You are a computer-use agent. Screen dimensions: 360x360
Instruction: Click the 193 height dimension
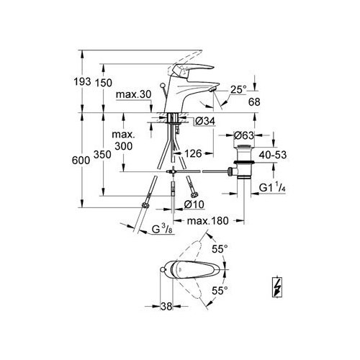coord(82,82)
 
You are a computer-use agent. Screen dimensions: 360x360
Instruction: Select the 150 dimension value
coord(104,83)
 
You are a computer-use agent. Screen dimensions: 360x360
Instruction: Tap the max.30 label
coord(133,94)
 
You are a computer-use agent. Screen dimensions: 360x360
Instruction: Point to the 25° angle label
coord(238,89)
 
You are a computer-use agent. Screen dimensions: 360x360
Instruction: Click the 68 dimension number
coord(254,102)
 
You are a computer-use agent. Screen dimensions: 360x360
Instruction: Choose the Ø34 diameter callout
coord(205,122)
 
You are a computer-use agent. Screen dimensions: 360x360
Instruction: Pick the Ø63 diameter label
coord(243,135)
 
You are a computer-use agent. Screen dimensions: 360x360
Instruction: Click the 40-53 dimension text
coord(273,155)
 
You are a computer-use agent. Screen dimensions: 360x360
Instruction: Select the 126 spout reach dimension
coord(193,153)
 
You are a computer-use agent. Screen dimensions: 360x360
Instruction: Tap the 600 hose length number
coord(81,161)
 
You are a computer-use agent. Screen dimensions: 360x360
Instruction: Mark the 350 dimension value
coord(102,155)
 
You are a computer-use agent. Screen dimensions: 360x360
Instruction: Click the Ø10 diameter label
coord(194,204)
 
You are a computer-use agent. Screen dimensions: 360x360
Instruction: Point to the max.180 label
coord(208,221)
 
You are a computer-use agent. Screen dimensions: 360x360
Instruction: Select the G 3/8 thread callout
coord(162,229)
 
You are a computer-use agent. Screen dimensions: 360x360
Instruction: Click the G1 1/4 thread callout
coord(272,187)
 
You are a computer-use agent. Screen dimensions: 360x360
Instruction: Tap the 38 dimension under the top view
coord(166,306)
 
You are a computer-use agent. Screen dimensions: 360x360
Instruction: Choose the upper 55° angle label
coord(220,249)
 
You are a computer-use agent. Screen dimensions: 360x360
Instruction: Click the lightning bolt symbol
coord(277,287)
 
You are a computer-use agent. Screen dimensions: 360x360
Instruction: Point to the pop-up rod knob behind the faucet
coord(163,85)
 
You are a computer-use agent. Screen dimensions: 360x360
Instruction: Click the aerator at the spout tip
coord(212,90)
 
